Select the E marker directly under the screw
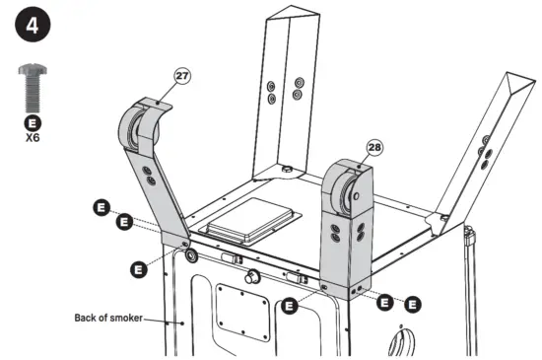33,124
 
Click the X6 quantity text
33,139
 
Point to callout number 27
181,74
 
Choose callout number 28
374,147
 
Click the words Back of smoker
108,318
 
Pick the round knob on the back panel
252,278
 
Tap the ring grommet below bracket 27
188,255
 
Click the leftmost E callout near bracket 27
102,207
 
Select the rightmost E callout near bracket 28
414,304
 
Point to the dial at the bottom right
400,342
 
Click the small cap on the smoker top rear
287,170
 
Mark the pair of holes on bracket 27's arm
149,176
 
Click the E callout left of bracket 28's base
289,306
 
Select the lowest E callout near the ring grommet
138,266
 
